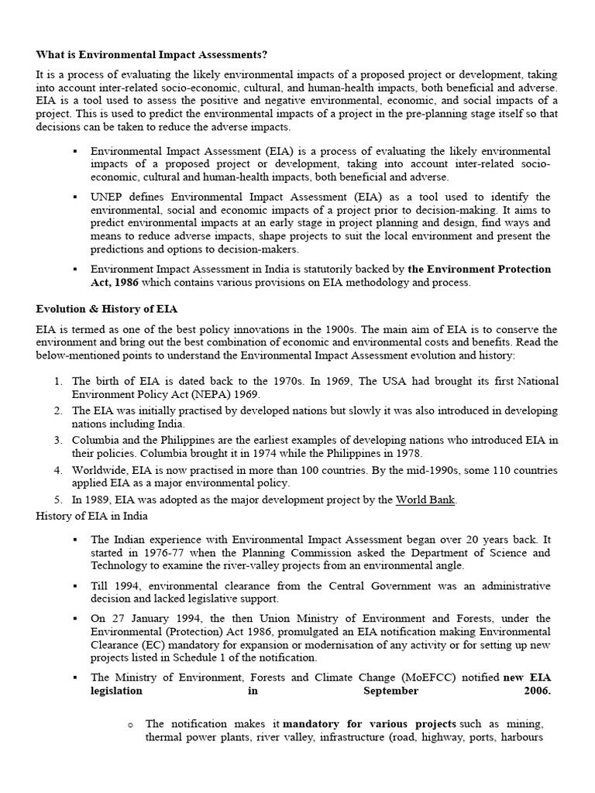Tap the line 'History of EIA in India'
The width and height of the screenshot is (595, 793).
[91, 516]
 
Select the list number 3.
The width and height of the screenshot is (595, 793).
[58, 440]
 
